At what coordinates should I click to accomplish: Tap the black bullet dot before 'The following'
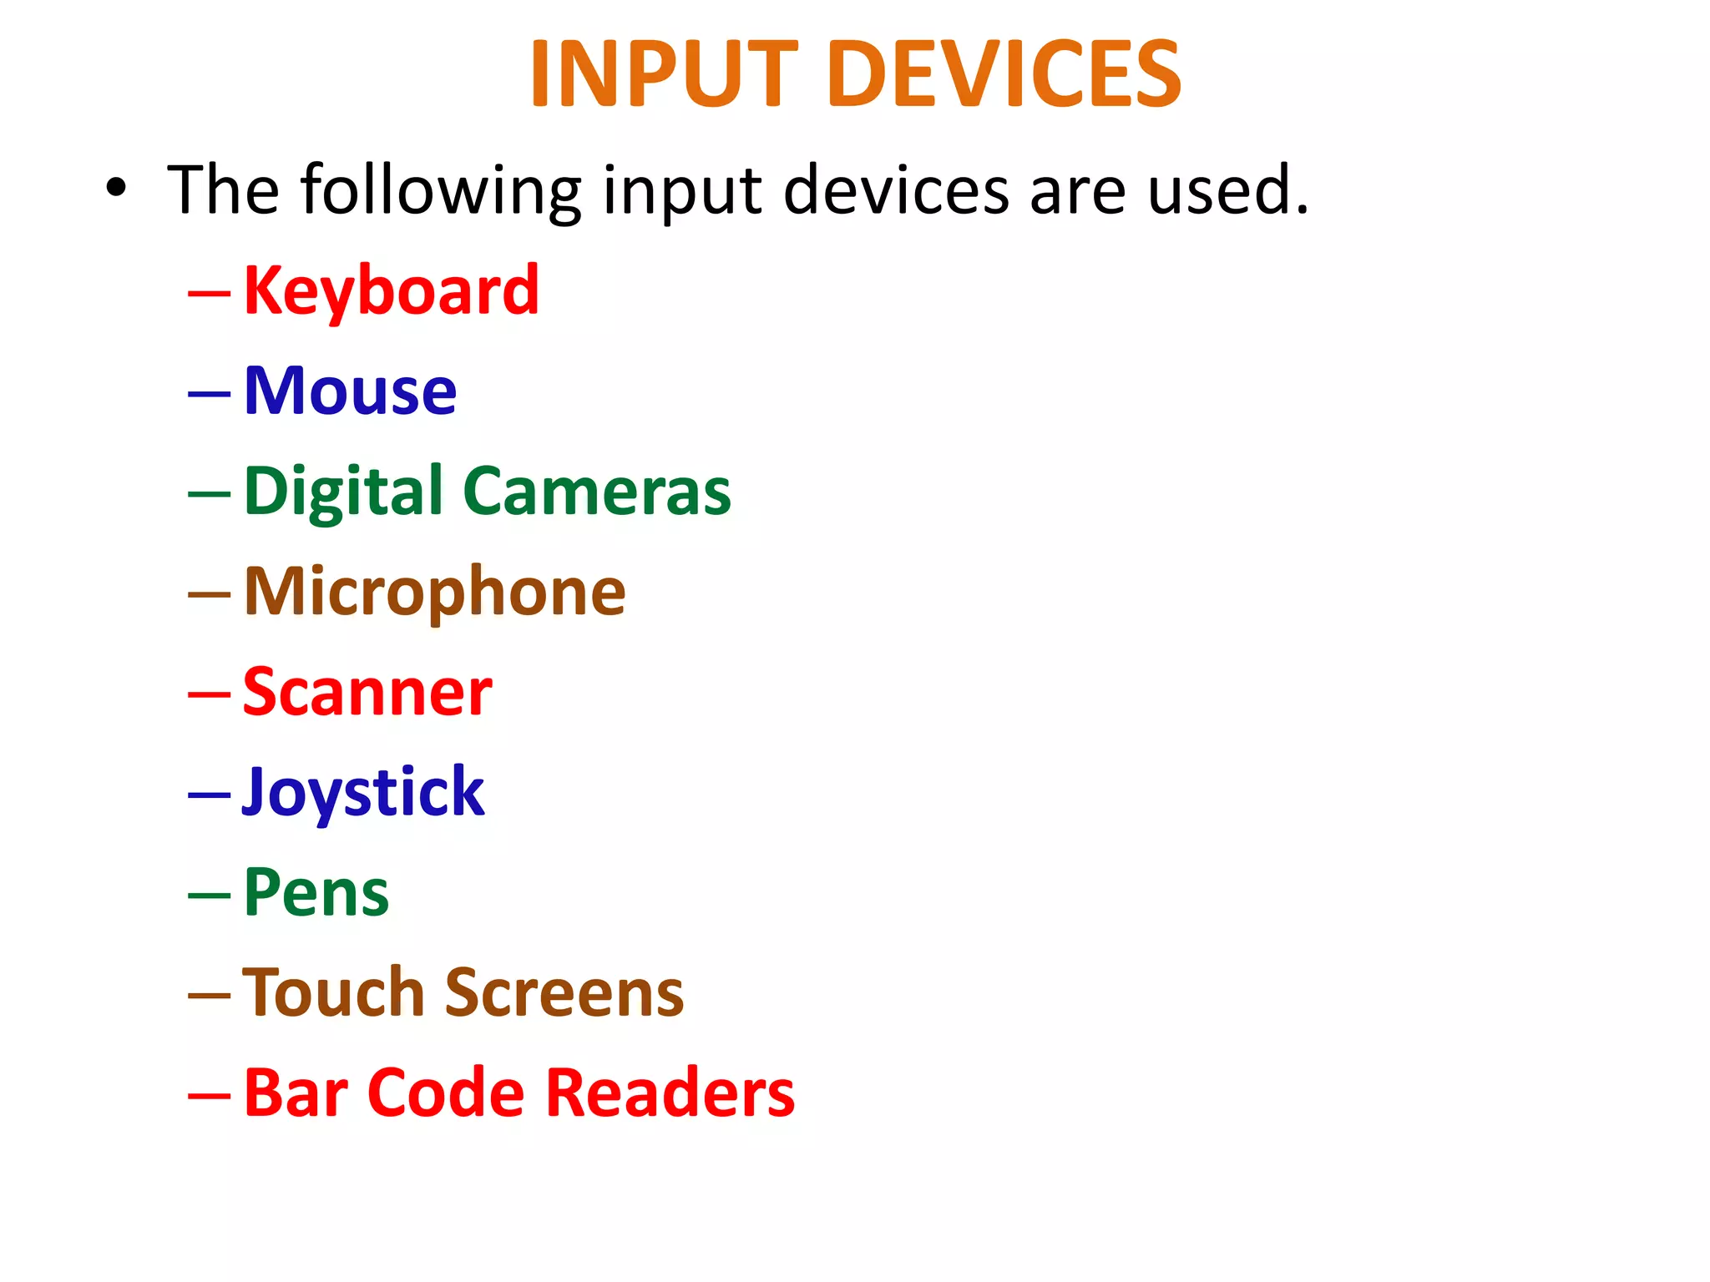[x=116, y=189]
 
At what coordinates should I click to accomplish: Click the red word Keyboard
[x=391, y=291]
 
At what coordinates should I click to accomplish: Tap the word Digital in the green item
[x=343, y=492]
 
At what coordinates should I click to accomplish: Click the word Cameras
[x=596, y=492]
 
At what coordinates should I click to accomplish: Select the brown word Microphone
[x=434, y=593]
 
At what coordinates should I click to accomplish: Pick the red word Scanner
[x=367, y=693]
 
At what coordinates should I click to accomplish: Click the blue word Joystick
[x=363, y=793]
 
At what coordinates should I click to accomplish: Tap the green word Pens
[x=316, y=893]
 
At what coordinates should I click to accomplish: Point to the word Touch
[x=333, y=993]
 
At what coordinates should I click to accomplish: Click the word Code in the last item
[x=446, y=1093]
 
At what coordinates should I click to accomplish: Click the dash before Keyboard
[x=209, y=294]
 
